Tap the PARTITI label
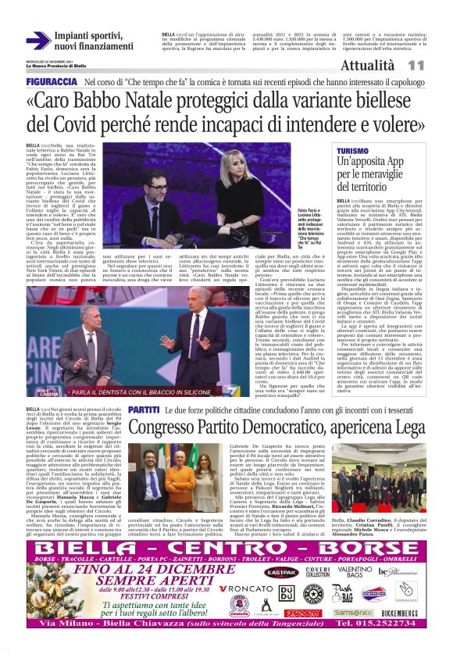[144, 409]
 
